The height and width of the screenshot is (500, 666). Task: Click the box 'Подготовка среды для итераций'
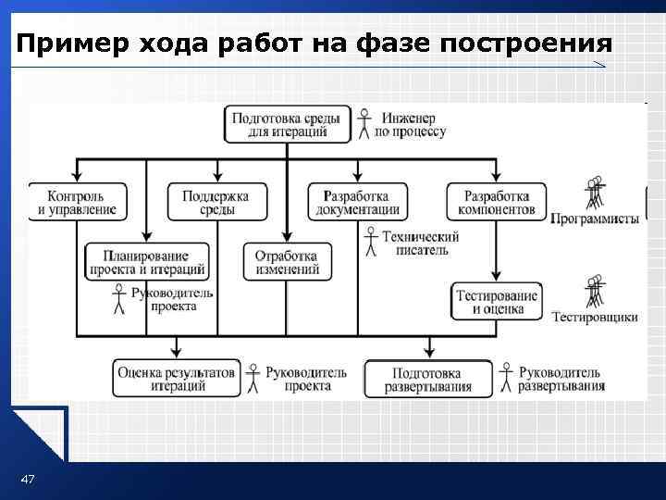click(x=287, y=124)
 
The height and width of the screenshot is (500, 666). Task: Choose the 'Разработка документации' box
click(x=354, y=202)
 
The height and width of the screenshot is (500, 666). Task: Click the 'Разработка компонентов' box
click(x=496, y=202)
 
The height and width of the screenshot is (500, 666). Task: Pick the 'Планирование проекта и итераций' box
click(x=146, y=262)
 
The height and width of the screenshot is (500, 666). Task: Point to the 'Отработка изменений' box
click(x=286, y=262)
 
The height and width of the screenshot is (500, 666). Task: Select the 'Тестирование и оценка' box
click(x=497, y=302)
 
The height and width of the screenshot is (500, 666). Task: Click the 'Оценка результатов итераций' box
click(x=175, y=379)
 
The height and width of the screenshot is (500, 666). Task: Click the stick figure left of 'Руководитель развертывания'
click(x=506, y=378)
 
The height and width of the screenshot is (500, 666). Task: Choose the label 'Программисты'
click(x=594, y=219)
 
